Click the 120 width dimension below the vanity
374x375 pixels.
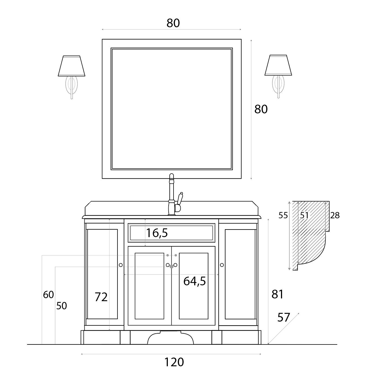click(174, 362)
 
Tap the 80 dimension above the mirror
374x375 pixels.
click(173, 23)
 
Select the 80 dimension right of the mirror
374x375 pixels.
click(261, 109)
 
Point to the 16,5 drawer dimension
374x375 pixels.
click(157, 233)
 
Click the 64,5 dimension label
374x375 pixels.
click(194, 281)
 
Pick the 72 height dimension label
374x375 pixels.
click(101, 297)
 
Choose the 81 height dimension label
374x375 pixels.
click(277, 294)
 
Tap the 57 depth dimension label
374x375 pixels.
click(284, 317)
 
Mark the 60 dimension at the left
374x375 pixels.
click(48, 295)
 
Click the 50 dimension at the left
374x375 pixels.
click(61, 306)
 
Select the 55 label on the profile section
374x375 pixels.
click(283, 216)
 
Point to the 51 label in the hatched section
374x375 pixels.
click(304, 216)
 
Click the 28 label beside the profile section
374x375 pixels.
click(335, 216)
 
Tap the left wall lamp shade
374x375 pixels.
click(72, 66)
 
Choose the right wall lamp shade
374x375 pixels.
click(278, 65)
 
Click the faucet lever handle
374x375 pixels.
click(180, 199)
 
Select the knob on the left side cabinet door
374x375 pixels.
click(121, 265)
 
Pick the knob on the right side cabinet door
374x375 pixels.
click(222, 265)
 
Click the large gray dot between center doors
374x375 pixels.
click(171, 267)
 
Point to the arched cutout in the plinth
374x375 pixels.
click(171, 339)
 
